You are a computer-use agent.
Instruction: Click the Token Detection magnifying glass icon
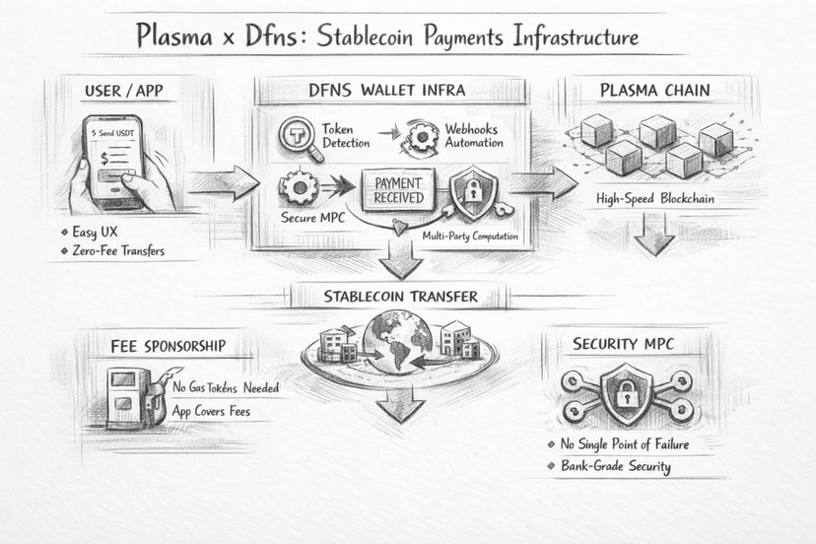coord(299,137)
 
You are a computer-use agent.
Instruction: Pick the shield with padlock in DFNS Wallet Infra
coord(468,192)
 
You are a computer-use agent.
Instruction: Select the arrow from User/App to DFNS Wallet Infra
coord(222,183)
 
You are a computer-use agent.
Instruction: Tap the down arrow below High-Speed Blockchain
coord(654,234)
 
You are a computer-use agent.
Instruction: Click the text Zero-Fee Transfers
coord(118,251)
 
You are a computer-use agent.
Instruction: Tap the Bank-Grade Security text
coord(616,466)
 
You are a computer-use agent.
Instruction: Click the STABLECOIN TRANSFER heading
coord(400,296)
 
